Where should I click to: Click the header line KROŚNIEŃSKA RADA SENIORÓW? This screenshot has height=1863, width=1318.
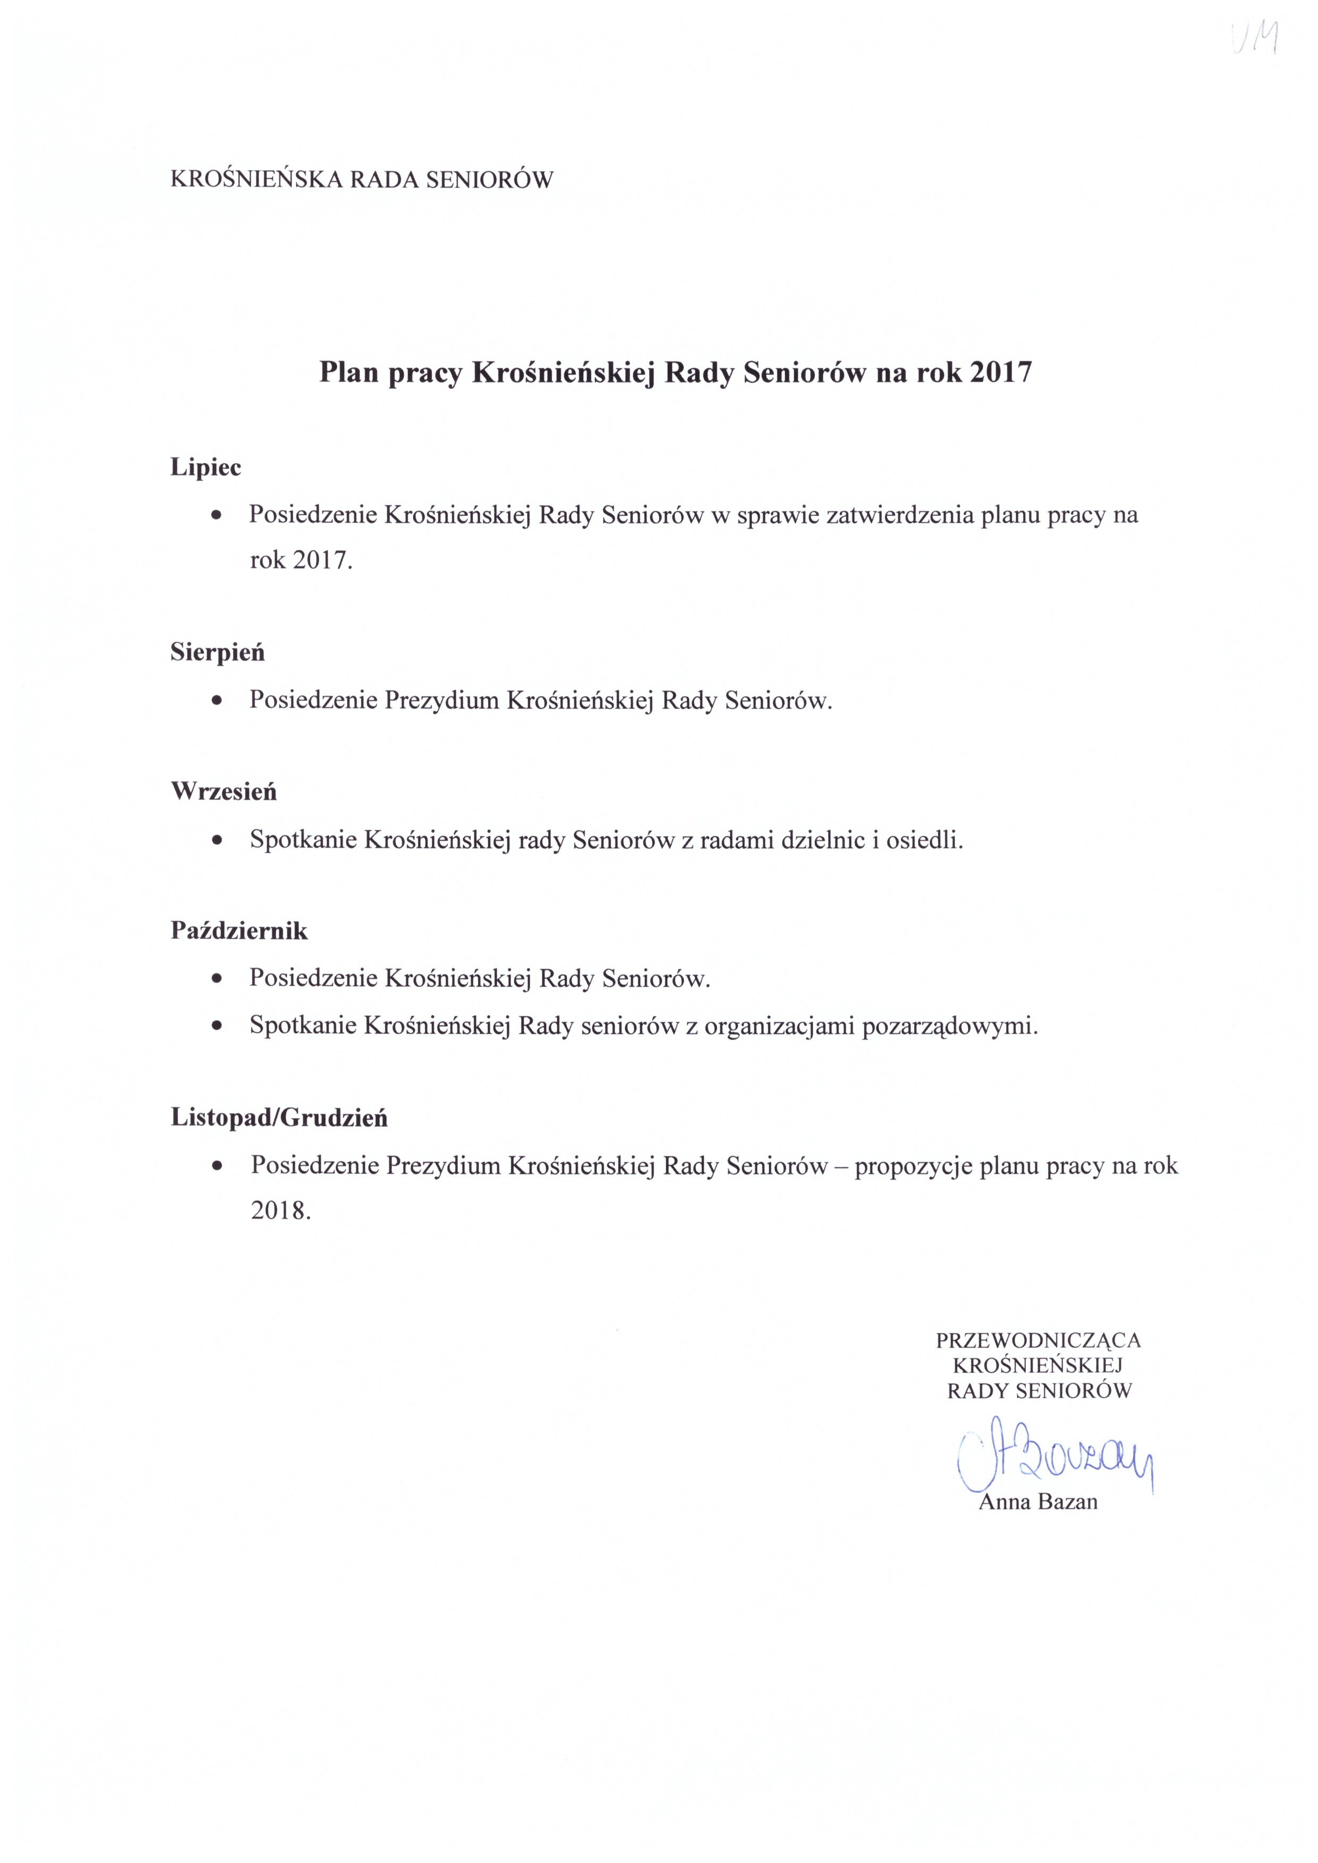click(x=361, y=180)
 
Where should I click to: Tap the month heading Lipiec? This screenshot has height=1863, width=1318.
click(x=206, y=467)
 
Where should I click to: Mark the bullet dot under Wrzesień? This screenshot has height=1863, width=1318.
click(x=217, y=840)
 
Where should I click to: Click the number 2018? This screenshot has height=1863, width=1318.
click(x=280, y=1211)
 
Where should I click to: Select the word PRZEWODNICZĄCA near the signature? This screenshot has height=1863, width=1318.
click(x=1038, y=1340)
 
